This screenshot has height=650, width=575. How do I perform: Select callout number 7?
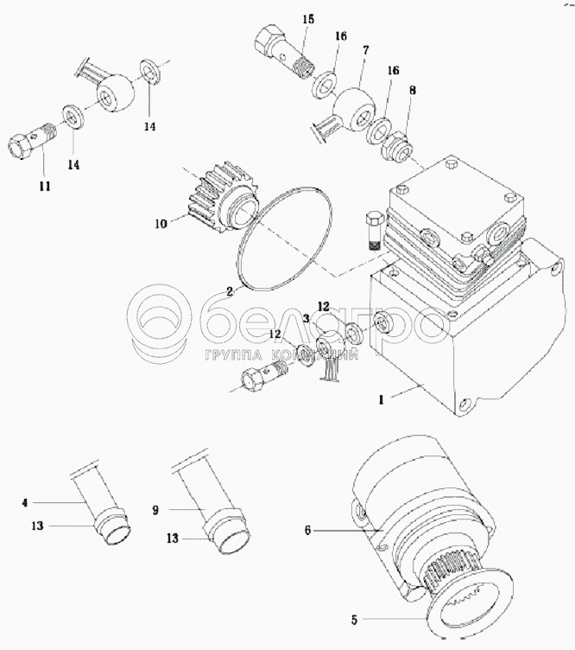[x=366, y=51]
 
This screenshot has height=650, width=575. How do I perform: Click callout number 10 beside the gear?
[x=161, y=223]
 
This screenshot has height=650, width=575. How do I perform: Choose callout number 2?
[x=231, y=291]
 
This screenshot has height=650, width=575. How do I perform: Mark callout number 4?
[x=25, y=501]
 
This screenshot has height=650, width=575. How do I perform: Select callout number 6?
[x=308, y=529]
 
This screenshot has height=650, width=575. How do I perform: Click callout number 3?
[x=306, y=318]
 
